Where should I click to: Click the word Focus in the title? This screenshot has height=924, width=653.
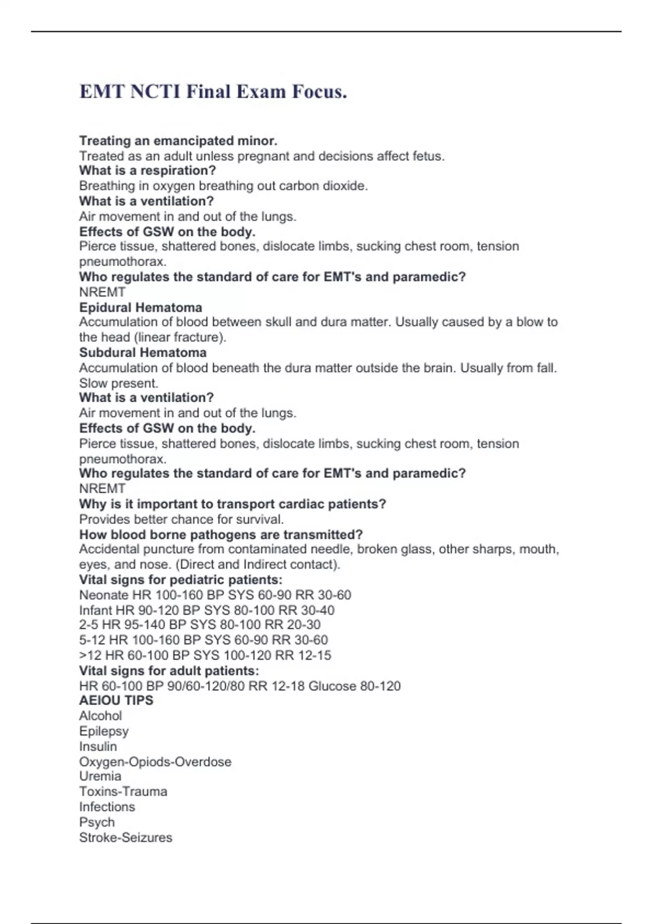(319, 91)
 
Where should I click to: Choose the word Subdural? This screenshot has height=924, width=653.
(106, 353)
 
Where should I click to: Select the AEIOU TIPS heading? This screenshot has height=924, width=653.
(116, 701)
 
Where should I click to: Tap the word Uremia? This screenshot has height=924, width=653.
(100, 776)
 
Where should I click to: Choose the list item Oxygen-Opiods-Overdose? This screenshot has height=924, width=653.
(155, 762)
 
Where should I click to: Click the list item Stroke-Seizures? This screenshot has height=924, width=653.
(126, 838)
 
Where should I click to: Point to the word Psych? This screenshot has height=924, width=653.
(97, 822)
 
